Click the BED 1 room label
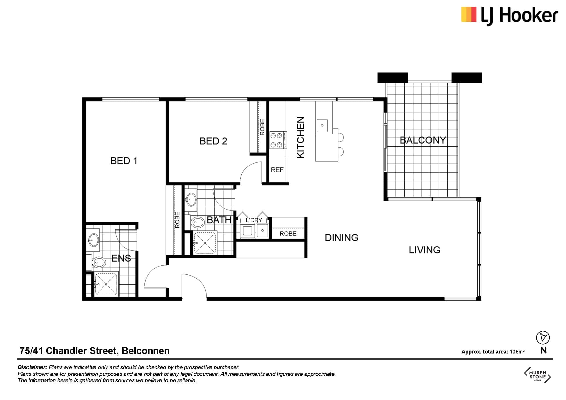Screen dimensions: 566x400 [x=124, y=161]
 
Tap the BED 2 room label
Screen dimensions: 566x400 [x=213, y=141]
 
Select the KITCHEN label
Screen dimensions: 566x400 [x=300, y=137]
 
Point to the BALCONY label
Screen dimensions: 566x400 [x=423, y=140]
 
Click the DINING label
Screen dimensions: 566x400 [x=341, y=237]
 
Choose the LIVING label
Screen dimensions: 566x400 [x=424, y=250]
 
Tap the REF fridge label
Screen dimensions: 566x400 [x=277, y=170]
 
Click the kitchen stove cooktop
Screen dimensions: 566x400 [x=278, y=140]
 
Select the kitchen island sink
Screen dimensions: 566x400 [x=322, y=125]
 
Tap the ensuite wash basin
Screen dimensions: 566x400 [x=93, y=240]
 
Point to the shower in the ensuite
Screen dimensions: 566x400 [x=106, y=284]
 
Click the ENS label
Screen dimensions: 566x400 [x=121, y=258]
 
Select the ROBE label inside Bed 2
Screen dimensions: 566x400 [x=262, y=127]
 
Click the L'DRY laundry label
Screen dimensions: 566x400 [x=254, y=220]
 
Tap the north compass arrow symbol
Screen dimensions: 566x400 [x=543, y=338]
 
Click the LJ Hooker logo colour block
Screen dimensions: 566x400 [x=469, y=15]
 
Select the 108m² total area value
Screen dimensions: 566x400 [x=517, y=351]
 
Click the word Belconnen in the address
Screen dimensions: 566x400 [x=145, y=351]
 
